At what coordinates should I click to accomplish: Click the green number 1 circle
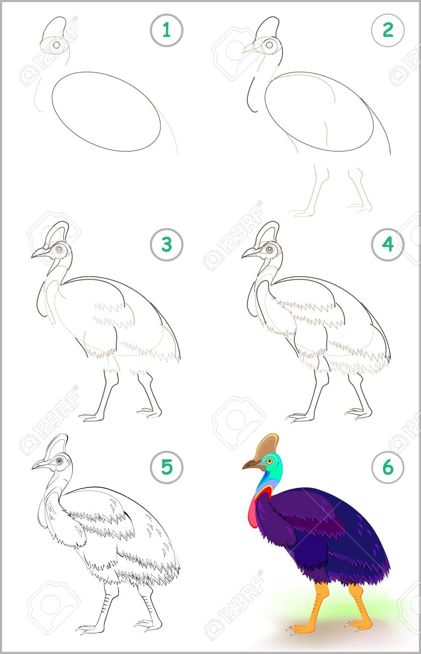click(x=166, y=30)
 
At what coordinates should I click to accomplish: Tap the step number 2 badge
click(x=388, y=30)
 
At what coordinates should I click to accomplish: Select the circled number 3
click(x=166, y=244)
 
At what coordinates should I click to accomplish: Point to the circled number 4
click(x=388, y=244)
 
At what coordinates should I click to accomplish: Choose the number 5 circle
click(x=166, y=467)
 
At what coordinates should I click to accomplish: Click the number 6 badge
click(x=388, y=467)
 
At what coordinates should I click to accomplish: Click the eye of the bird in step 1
click(x=57, y=45)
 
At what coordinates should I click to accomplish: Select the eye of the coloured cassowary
click(x=269, y=461)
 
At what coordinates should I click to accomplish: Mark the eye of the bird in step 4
click(x=270, y=250)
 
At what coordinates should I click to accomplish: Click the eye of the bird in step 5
click(x=59, y=461)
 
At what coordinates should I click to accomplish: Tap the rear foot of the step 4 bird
click(x=359, y=414)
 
